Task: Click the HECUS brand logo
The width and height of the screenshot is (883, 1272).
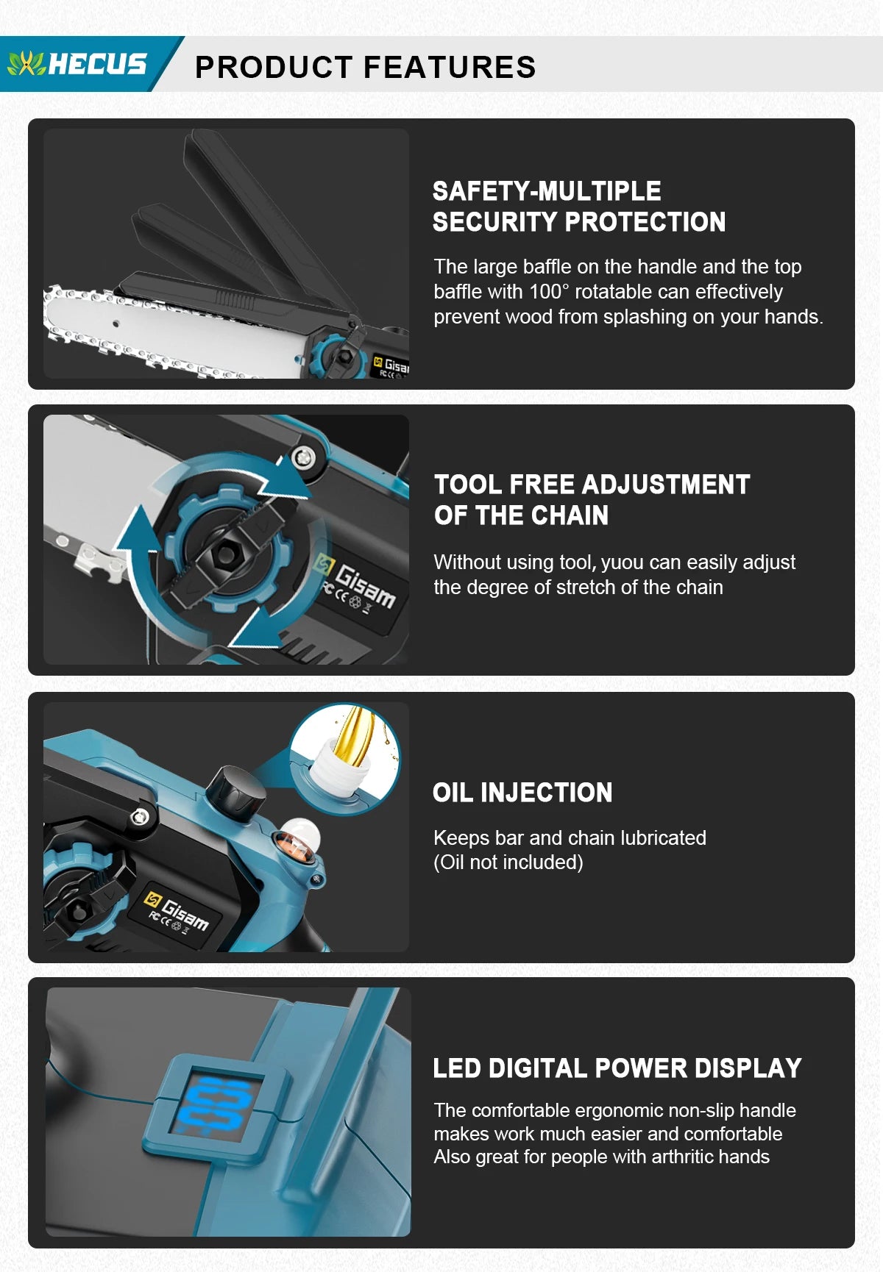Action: click(x=77, y=64)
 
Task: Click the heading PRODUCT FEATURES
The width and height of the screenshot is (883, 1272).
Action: click(x=366, y=67)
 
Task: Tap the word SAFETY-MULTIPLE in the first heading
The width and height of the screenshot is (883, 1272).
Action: click(x=547, y=191)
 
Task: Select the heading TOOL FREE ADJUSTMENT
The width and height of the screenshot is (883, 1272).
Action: click(x=592, y=485)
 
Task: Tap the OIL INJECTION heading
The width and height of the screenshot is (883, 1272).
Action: click(x=522, y=793)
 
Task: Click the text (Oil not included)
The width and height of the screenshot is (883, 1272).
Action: click(x=508, y=862)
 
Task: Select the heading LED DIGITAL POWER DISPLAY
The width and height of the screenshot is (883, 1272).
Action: click(x=617, y=1068)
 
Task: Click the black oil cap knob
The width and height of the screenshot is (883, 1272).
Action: click(x=235, y=794)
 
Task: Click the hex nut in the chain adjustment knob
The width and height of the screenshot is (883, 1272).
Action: click(x=224, y=553)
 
